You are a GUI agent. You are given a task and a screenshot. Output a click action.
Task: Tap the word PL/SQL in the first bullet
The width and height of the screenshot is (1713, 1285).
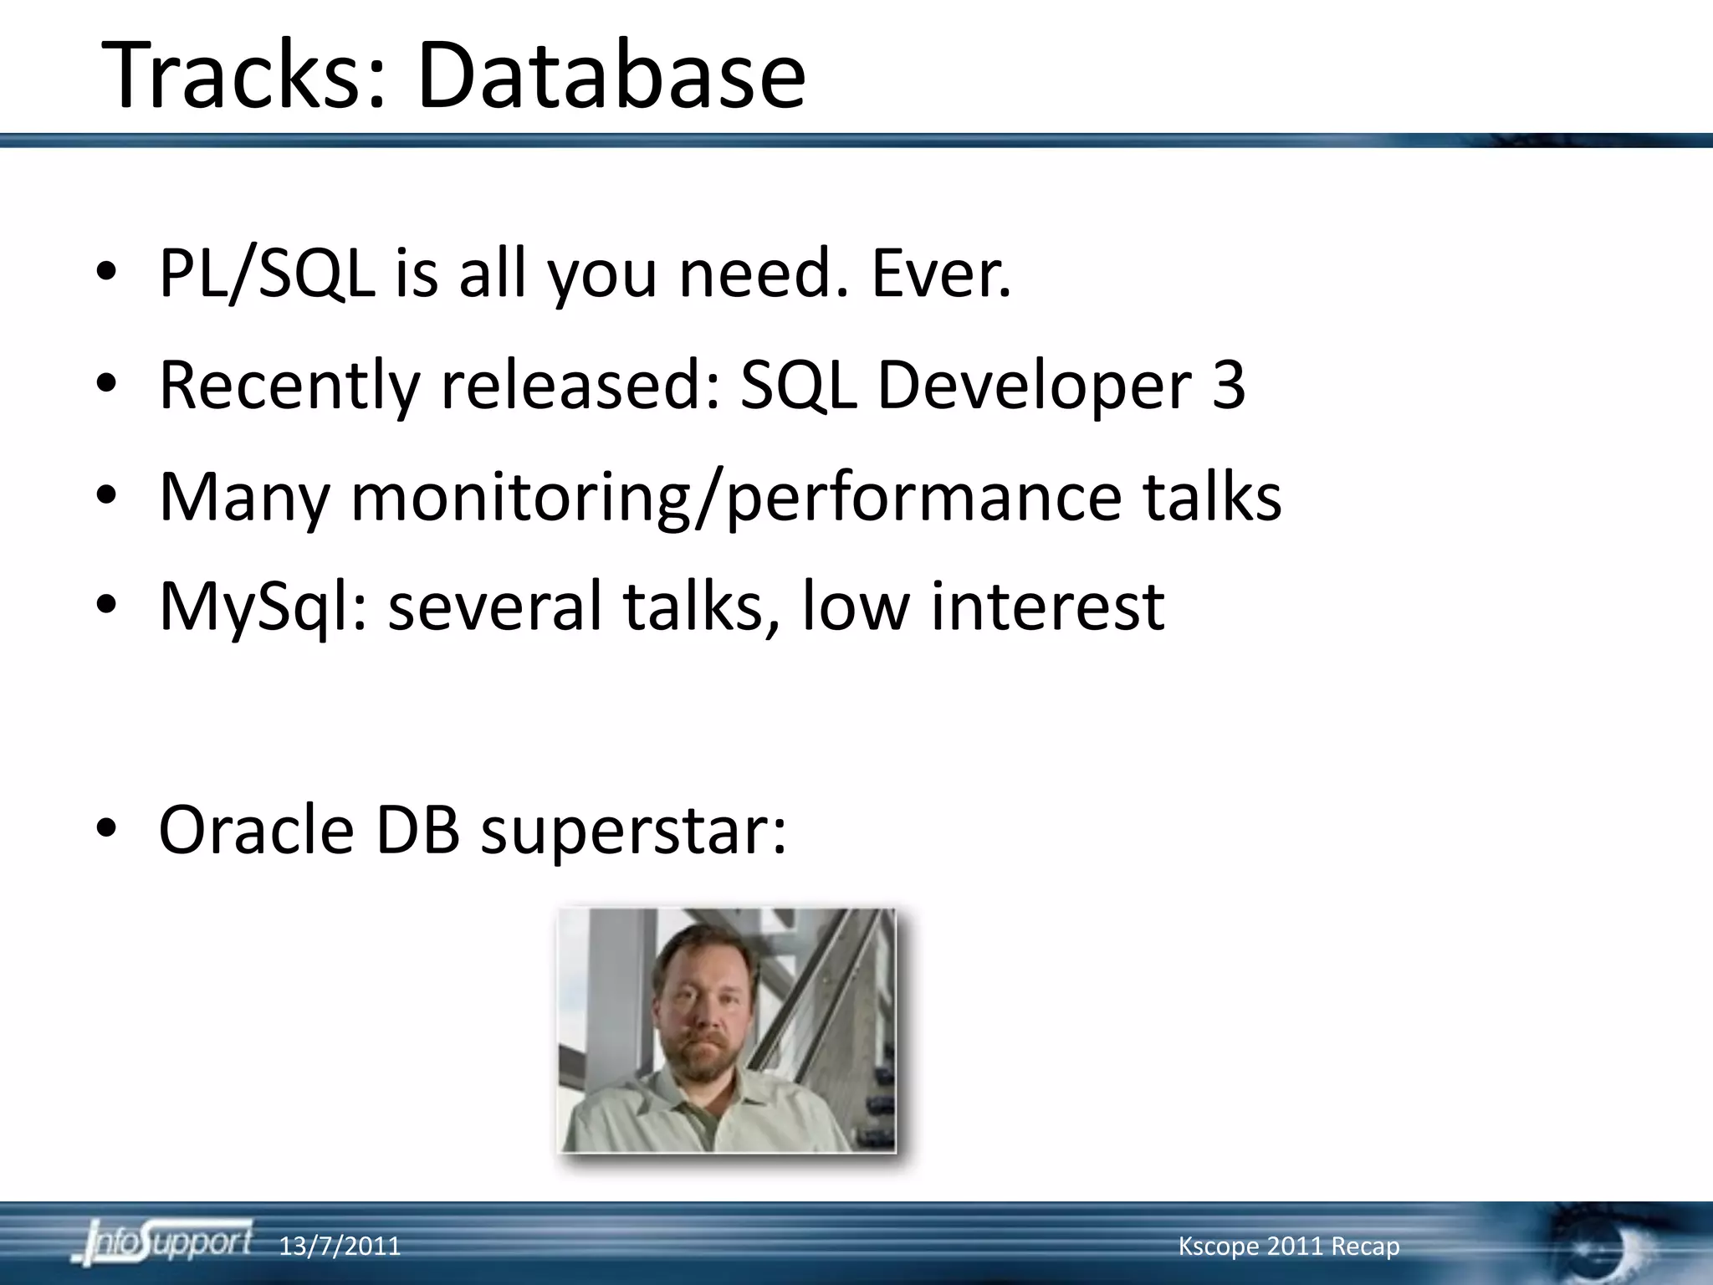[x=266, y=274]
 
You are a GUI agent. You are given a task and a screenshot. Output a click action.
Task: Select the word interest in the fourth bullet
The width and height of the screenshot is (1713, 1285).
[x=1047, y=607]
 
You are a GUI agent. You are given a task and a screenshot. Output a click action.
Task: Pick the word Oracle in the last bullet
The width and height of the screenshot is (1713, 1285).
[x=256, y=830]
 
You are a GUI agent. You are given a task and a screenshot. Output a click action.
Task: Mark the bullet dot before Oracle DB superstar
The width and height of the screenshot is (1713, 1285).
[x=106, y=828]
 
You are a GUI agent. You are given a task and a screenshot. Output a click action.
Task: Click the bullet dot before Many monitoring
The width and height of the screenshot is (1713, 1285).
[x=106, y=495]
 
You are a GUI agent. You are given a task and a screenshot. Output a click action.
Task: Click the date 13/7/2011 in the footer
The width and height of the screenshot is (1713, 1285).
[x=339, y=1247]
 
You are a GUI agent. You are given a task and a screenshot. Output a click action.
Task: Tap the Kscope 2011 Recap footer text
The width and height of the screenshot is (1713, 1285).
[x=1288, y=1247]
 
